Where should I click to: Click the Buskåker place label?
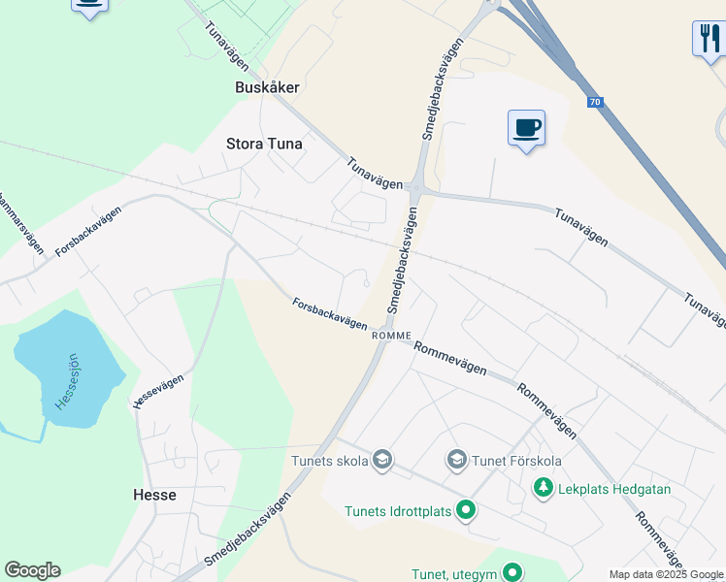267,86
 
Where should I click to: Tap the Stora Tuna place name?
264,144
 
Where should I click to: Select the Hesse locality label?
154,495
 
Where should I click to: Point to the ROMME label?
392,335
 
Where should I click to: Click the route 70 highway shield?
594,101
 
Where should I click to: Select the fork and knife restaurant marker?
708,39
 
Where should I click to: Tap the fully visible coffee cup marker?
526,127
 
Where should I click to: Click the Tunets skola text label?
330,461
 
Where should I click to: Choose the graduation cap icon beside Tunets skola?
381,460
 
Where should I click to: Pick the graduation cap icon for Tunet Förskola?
456,459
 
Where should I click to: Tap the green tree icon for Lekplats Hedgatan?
544,489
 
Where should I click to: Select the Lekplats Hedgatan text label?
614,489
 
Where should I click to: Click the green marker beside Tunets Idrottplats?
467,509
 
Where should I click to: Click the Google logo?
32,570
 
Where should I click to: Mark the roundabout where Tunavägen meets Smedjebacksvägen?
414,187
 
